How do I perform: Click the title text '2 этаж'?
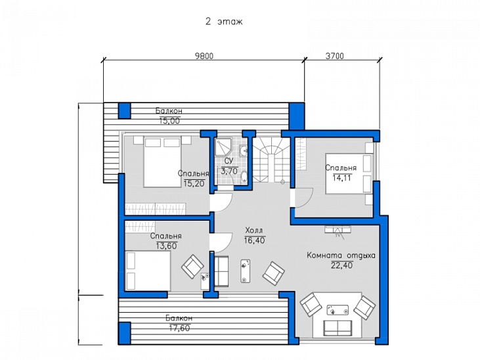[224, 22]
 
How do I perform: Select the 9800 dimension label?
[204, 56]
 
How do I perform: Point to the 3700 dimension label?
[335, 56]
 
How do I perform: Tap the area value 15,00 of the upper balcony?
[169, 121]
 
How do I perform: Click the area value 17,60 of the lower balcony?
[180, 328]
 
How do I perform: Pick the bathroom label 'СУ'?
[229, 161]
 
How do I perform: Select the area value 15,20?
[194, 183]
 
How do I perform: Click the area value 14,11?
[342, 178]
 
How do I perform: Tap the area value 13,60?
[167, 246]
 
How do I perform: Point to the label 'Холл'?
[254, 231]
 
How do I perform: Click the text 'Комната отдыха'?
[341, 256]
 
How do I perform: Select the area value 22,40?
[341, 265]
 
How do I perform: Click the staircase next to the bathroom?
[271, 160]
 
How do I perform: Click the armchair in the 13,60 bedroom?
[192, 266]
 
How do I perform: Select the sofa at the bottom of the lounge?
[338, 328]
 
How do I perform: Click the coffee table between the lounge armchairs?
[338, 310]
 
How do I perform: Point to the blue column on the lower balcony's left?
[125, 333]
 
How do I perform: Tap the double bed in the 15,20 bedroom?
[162, 162]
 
